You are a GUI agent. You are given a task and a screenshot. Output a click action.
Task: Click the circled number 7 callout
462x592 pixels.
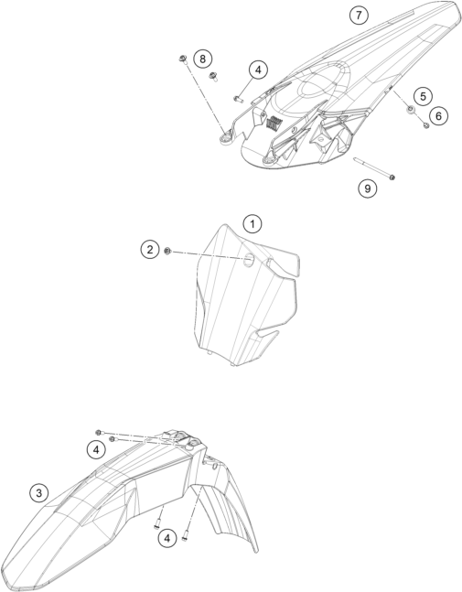(x=359, y=16)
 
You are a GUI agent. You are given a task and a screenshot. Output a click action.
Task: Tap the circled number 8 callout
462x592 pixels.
(x=202, y=59)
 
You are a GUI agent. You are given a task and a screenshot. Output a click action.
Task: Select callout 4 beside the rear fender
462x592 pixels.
(x=258, y=70)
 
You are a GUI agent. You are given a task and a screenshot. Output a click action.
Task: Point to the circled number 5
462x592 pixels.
(x=423, y=96)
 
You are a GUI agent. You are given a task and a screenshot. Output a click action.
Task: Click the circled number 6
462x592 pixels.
(x=438, y=115)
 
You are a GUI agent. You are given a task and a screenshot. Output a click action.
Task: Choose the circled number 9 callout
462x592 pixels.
(x=367, y=188)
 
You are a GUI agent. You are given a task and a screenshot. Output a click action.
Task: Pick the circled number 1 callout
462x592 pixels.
(x=252, y=224)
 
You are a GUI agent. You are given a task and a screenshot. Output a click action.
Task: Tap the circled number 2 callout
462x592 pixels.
(x=150, y=250)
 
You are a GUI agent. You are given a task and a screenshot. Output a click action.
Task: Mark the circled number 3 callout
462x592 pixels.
(x=39, y=492)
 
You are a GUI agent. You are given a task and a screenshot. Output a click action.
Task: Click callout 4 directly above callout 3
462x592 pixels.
(x=96, y=450)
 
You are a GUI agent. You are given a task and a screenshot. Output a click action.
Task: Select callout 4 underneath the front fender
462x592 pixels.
(x=167, y=538)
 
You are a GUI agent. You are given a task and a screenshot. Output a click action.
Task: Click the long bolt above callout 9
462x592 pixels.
(x=374, y=168)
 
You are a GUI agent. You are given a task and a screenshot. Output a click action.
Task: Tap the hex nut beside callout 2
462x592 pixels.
(x=168, y=251)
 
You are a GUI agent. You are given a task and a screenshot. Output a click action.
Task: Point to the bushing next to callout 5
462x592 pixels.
(x=410, y=110)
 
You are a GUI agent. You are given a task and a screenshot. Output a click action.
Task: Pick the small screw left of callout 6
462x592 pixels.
(x=426, y=125)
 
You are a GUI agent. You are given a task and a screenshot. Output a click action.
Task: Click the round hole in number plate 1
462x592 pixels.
(x=249, y=259)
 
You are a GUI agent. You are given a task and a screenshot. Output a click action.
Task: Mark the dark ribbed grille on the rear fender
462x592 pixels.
(x=274, y=124)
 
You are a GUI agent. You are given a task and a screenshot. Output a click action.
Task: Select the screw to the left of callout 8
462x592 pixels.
(x=183, y=59)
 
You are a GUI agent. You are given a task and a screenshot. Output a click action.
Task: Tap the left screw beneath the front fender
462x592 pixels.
(x=157, y=525)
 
